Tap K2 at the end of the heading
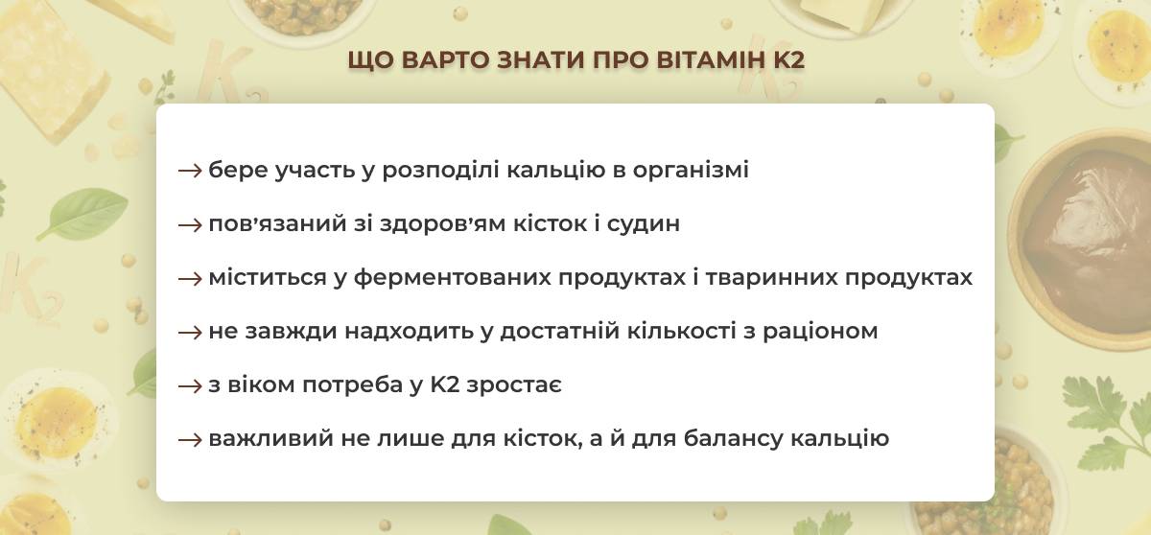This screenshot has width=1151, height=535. pos(788,60)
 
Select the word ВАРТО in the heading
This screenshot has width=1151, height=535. pos(445,60)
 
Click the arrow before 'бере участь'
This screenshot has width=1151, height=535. pos(190,171)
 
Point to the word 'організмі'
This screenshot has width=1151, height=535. pos(691,170)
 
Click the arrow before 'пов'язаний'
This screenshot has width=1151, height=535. pos(190,225)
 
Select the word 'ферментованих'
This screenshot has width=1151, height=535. pos(452,278)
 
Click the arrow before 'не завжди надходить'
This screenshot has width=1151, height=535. pos(190,333)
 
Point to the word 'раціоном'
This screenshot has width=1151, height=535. pos(820,332)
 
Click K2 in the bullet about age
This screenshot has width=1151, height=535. pos(444,385)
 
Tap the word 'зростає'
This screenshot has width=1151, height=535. pos(514,386)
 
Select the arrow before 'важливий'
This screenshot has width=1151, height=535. pos(190,440)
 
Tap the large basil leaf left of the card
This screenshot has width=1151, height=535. pos(83,213)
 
